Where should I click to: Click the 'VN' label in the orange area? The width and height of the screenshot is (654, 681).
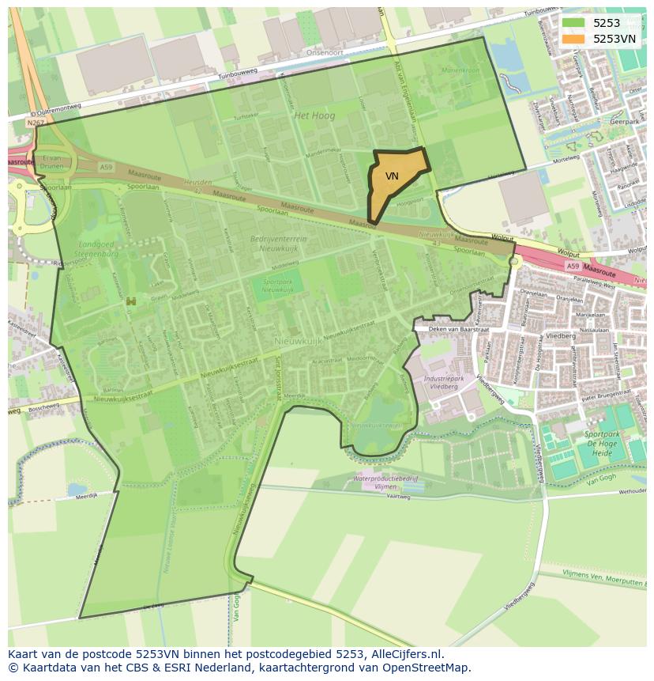(392, 176)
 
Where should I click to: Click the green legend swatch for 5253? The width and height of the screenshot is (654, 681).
(574, 24)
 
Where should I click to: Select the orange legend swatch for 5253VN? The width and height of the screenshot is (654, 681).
(574, 39)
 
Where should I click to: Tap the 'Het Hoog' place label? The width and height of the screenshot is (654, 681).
(314, 115)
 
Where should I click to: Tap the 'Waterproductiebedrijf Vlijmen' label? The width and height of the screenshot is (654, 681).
(385, 482)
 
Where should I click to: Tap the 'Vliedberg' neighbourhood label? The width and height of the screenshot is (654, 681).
(560, 335)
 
